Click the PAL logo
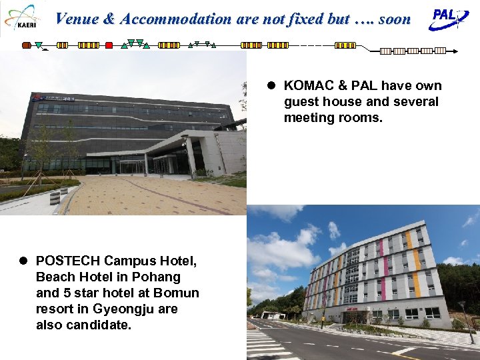coord(449,18)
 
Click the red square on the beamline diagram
coord(109,45)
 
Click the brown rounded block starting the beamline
coord(27,45)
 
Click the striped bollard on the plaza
coord(55,197)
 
